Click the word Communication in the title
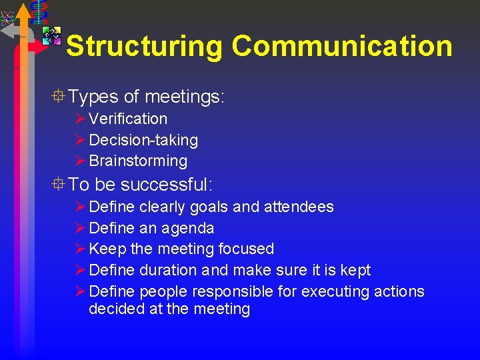(x=342, y=46)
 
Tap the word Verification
(x=128, y=119)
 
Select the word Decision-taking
(x=143, y=140)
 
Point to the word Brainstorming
(x=138, y=161)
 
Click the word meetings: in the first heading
(x=185, y=97)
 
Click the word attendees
(x=298, y=207)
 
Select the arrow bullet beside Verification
(x=80, y=119)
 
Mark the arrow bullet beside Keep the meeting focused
(x=80, y=249)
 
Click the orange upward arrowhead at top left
(x=24, y=11)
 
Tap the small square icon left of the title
(x=51, y=35)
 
